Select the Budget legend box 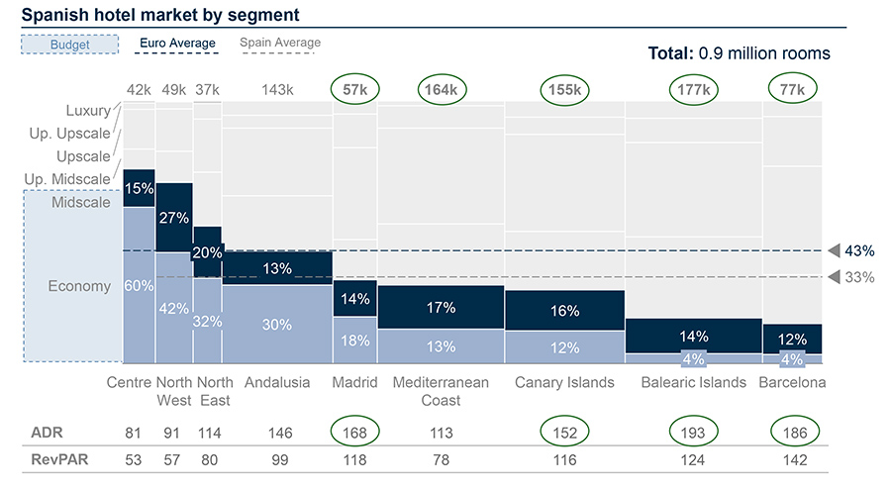69,45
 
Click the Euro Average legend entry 176,44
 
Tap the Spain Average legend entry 280,43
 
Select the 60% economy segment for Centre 139,286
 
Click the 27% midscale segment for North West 173,218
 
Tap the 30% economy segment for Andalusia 277,324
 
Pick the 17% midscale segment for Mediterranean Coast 441,308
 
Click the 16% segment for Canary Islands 564,311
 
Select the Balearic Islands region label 693,383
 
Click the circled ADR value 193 693,433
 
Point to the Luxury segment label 88,111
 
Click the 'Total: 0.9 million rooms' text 739,53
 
